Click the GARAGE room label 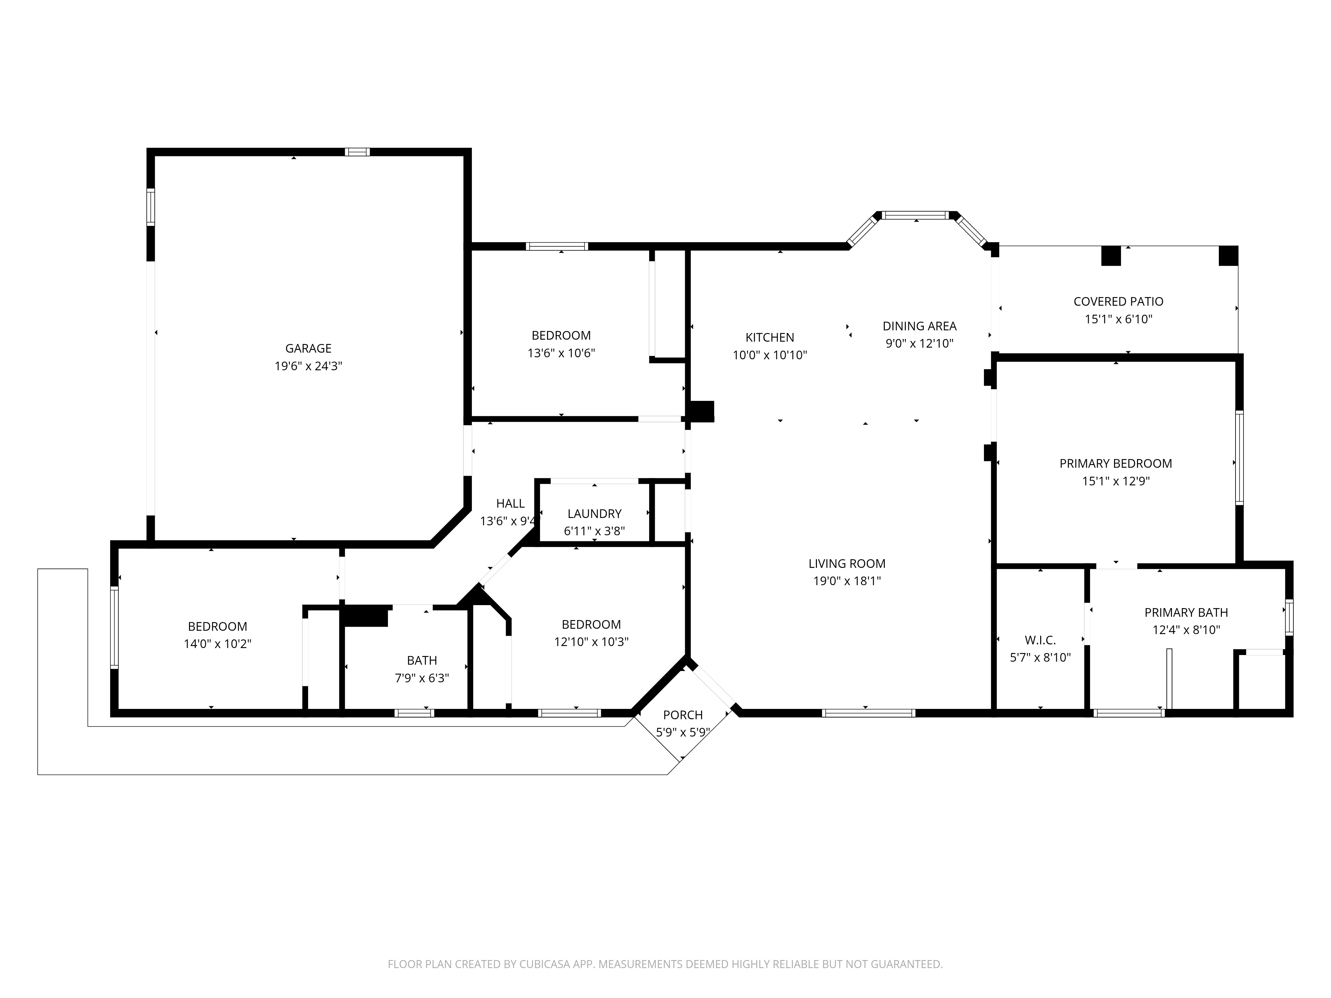point(308,348)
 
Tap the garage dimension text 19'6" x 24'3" point(308,366)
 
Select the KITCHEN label point(770,337)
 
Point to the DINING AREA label point(919,326)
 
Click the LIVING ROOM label point(847,564)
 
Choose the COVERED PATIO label point(1118,301)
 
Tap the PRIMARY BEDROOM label point(1116,463)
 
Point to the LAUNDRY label point(594,514)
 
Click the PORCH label point(683,715)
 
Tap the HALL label point(510,504)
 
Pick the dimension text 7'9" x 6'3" point(422,678)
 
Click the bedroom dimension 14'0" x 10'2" point(217,644)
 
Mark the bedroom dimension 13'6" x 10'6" point(561,353)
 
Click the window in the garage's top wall point(357,152)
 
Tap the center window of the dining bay point(915,215)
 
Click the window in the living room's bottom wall point(868,713)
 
